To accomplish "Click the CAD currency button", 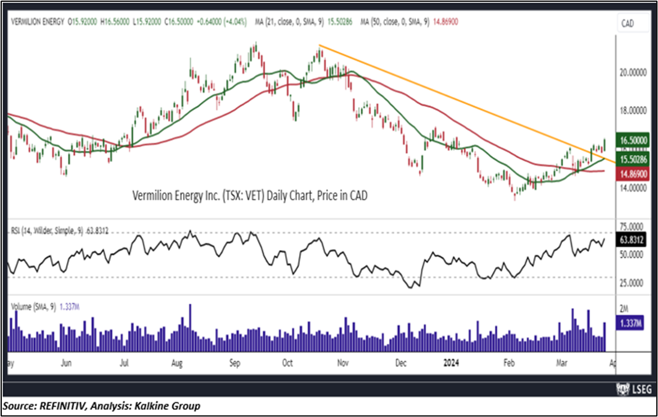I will click(x=628, y=23).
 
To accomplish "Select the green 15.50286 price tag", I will click(x=633, y=160).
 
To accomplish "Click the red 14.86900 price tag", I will click(x=633, y=172).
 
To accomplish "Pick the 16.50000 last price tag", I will click(x=633, y=140).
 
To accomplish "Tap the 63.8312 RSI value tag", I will click(x=632, y=240).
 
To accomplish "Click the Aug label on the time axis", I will click(x=177, y=363).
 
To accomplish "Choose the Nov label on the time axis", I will click(x=343, y=363).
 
